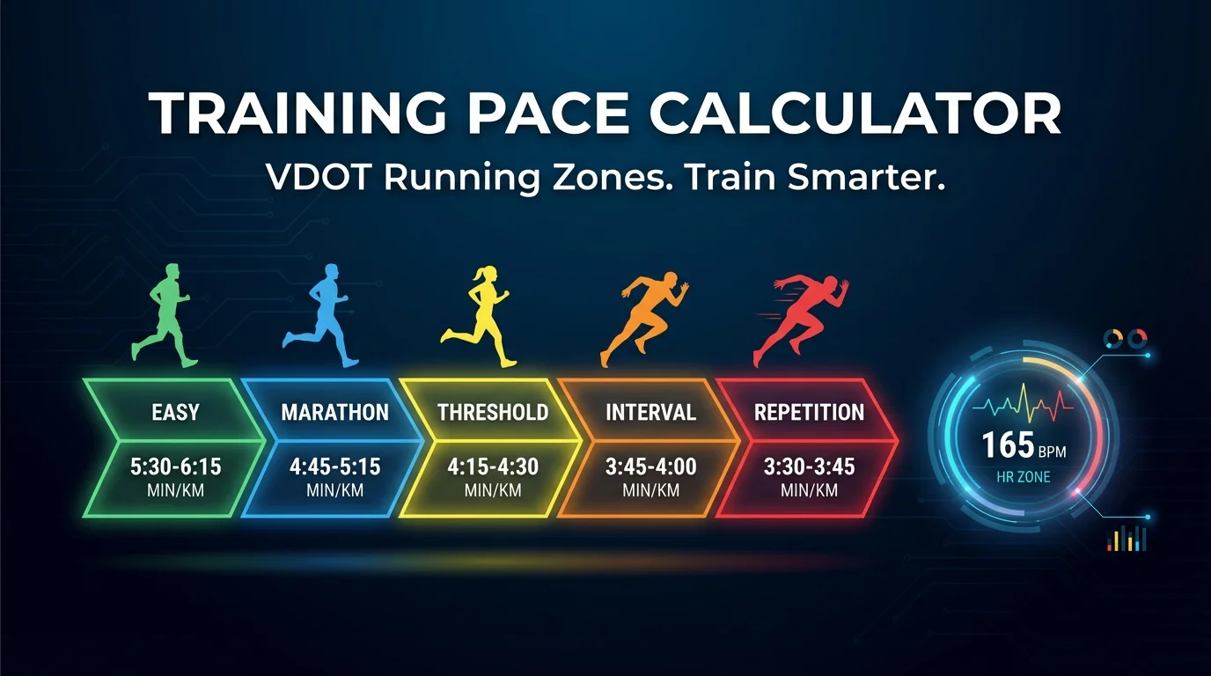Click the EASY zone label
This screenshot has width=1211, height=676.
pos(175,412)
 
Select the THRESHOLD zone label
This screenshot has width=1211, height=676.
pos(493,412)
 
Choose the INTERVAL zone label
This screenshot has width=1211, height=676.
pos(650,412)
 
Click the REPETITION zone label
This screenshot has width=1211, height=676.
pos(809,412)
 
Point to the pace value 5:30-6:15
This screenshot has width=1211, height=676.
pos(175,467)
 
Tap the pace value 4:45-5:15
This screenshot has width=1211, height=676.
pos(334,467)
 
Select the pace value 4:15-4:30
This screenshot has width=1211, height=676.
pos(493,467)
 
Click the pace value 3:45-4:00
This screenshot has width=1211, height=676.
pos(650,467)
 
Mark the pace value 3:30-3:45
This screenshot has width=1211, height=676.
pos(809,467)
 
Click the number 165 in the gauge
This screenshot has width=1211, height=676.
pos(1009,445)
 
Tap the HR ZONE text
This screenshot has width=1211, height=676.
pos(1023,478)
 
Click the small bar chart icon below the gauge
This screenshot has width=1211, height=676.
pos(1127,538)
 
